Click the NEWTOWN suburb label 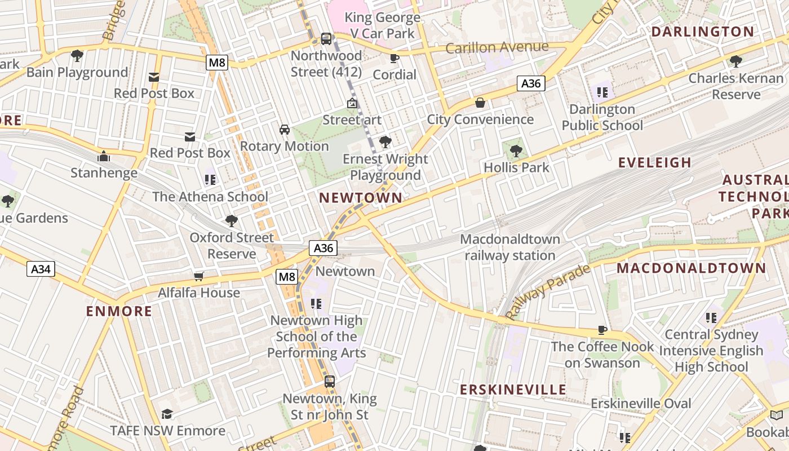coord(361,198)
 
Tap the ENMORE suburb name coord(119,311)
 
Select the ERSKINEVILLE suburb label coord(513,390)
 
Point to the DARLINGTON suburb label coord(702,32)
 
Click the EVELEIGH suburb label coord(654,162)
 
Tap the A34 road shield coord(41,269)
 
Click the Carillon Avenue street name coord(497,47)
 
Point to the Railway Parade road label coord(547,292)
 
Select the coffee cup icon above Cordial coord(394,58)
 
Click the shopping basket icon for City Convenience coord(480,103)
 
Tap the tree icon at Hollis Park coord(516,151)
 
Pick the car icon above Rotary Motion coord(285,130)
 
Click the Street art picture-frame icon coord(352,103)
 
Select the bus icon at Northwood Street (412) coord(326,39)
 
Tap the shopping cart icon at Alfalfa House coord(198,276)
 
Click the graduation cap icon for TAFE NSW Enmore coord(167,414)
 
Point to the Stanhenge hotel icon coord(104,156)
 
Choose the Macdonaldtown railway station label coord(510,247)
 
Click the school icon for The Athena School coord(210,180)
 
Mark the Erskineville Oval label coord(641,404)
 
